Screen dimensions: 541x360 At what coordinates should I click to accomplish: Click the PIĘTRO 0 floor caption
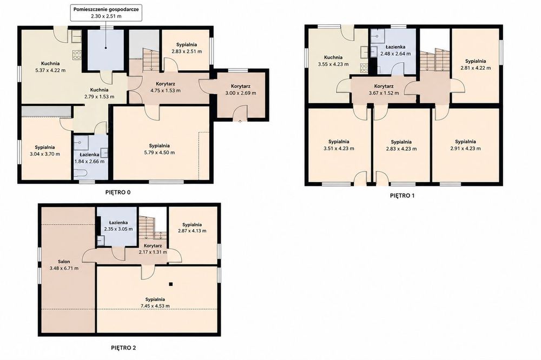pyautogui.click(x=117, y=192)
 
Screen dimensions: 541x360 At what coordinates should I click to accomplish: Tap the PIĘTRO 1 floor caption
pyautogui.click(x=402, y=196)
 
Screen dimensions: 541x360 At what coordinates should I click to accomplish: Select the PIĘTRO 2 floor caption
pyautogui.click(x=123, y=348)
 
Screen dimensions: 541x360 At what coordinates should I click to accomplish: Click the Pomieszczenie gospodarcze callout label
pyautogui.click(x=106, y=13)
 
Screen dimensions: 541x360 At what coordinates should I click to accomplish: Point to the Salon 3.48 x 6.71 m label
pyautogui.click(x=64, y=265)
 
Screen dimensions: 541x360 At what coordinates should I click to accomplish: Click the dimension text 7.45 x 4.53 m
pyautogui.click(x=155, y=306)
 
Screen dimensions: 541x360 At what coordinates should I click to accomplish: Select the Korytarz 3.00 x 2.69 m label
pyautogui.click(x=241, y=90)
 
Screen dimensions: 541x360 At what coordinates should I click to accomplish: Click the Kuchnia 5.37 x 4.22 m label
pyautogui.click(x=50, y=67)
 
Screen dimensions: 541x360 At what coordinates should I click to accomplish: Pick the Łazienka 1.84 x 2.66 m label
pyautogui.click(x=89, y=158)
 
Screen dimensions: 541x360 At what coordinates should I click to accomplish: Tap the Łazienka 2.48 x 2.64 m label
pyautogui.click(x=395, y=50)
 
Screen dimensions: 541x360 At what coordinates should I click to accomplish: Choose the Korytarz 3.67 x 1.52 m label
pyautogui.click(x=384, y=90)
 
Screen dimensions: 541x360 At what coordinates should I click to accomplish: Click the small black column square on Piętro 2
pyautogui.click(x=171, y=284)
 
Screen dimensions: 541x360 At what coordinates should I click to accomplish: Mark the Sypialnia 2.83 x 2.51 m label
pyautogui.click(x=187, y=48)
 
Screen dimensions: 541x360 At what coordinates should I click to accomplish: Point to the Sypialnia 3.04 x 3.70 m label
pyautogui.click(x=45, y=151)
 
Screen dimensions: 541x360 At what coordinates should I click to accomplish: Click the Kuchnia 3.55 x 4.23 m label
pyautogui.click(x=333, y=61)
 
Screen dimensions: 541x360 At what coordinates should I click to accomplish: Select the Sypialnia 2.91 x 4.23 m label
pyautogui.click(x=465, y=145)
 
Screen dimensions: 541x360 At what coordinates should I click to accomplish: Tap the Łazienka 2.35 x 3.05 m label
pyautogui.click(x=118, y=226)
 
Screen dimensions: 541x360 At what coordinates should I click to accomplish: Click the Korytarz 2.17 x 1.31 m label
pyautogui.click(x=153, y=249)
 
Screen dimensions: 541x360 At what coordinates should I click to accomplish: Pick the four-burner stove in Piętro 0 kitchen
pyautogui.click(x=77, y=55)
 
